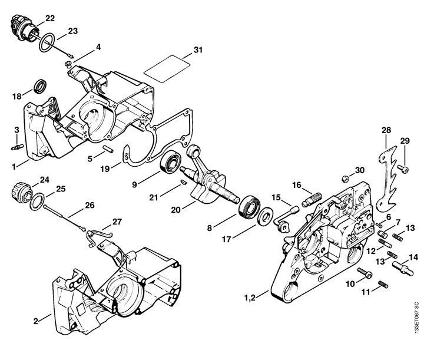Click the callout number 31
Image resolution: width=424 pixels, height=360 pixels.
198,50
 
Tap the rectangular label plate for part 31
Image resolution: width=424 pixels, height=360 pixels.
167,69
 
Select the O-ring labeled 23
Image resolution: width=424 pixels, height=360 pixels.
47,42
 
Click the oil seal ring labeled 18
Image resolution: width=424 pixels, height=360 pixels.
40,86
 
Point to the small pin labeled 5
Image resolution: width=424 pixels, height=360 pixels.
108,149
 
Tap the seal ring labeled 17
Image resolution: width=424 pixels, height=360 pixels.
265,216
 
